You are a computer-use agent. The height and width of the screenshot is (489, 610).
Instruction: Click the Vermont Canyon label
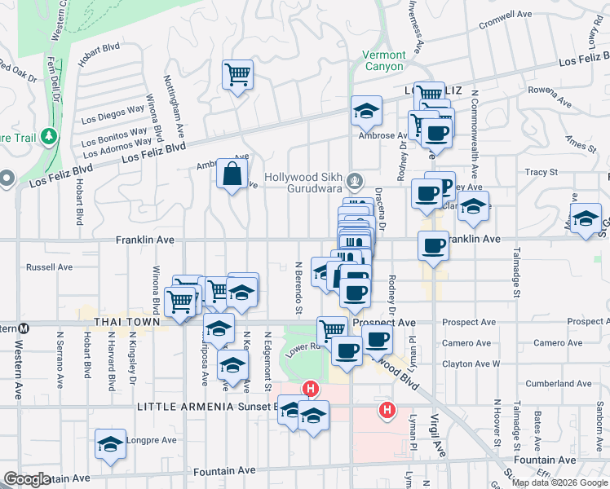click(x=382, y=60)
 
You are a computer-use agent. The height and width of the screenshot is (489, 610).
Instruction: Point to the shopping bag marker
click(x=232, y=174)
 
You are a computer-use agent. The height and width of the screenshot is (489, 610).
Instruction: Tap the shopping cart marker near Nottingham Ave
click(x=237, y=77)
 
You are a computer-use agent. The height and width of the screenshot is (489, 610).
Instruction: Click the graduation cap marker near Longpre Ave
click(x=110, y=444)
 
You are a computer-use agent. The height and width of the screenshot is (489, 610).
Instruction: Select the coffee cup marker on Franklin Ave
click(x=433, y=245)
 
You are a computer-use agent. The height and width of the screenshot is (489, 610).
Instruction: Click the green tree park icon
click(x=51, y=135)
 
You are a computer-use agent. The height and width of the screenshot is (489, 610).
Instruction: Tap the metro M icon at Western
click(x=24, y=328)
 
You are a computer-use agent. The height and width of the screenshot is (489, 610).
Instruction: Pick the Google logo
click(x=26, y=478)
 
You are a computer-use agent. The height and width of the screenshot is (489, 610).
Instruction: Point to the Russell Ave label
click(x=50, y=267)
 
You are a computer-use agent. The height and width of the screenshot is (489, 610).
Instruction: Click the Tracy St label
click(x=541, y=173)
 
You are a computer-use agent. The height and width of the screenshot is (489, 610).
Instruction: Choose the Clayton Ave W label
click(x=471, y=363)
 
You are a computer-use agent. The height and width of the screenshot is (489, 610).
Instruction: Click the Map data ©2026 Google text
click(x=559, y=482)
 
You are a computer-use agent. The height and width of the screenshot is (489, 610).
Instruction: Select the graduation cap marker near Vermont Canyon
click(x=367, y=111)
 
